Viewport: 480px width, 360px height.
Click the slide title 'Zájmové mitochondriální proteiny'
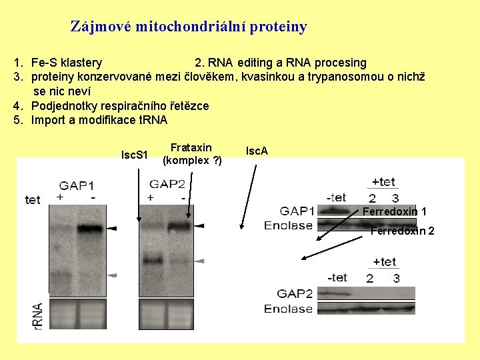click(x=189, y=27)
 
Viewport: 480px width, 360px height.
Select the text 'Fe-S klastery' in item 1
click(x=67, y=63)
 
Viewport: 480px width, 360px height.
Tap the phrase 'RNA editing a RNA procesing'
click(x=281, y=63)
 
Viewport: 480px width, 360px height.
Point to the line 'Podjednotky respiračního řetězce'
click(x=120, y=106)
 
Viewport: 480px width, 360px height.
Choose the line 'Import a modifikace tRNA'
click(x=99, y=120)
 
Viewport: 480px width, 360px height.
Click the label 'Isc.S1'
click(x=134, y=155)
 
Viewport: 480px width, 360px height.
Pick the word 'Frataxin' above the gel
click(x=191, y=147)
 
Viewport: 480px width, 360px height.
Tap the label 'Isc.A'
click(x=257, y=151)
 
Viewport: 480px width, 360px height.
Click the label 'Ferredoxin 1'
click(x=395, y=211)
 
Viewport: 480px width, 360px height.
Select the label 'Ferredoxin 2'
click(x=402, y=231)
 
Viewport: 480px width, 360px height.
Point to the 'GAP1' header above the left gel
click(x=77, y=185)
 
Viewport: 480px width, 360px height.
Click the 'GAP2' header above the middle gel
click(x=167, y=183)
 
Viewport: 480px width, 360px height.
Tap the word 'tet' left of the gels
click(x=33, y=199)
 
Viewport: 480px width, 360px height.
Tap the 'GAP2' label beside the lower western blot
click(x=295, y=293)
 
